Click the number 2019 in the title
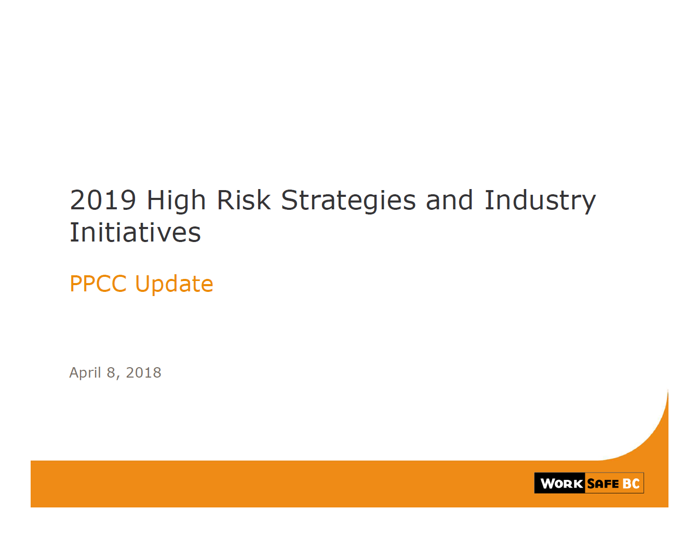pos(103,200)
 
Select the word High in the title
pos(176,202)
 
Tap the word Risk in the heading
pos(244,200)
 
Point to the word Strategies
pos(348,202)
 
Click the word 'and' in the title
pos(449,200)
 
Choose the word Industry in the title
pos(540,202)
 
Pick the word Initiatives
pos(135,232)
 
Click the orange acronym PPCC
pos(98,284)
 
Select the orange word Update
pos(174,285)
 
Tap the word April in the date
pos(85,373)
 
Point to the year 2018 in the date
pos(143,372)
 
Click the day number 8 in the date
pos(111,372)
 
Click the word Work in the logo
pos(561,484)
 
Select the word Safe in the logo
pos(603,484)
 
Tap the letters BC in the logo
pos(631,484)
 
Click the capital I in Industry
pos(488,200)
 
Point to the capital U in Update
pos(143,284)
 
